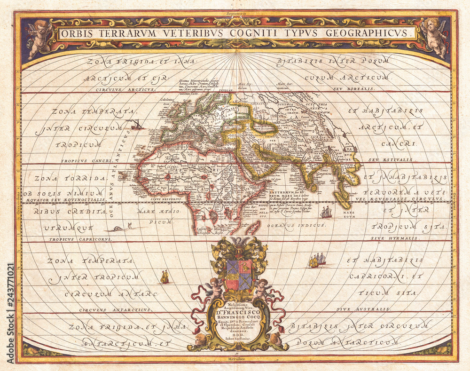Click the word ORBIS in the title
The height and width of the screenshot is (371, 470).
78,34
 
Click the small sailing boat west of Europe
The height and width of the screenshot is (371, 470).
135,125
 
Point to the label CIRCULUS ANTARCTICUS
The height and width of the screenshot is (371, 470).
115,310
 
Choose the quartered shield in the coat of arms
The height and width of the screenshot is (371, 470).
238,276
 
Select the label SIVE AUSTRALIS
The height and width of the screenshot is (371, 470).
363,309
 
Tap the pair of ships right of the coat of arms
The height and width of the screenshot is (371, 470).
317,260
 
